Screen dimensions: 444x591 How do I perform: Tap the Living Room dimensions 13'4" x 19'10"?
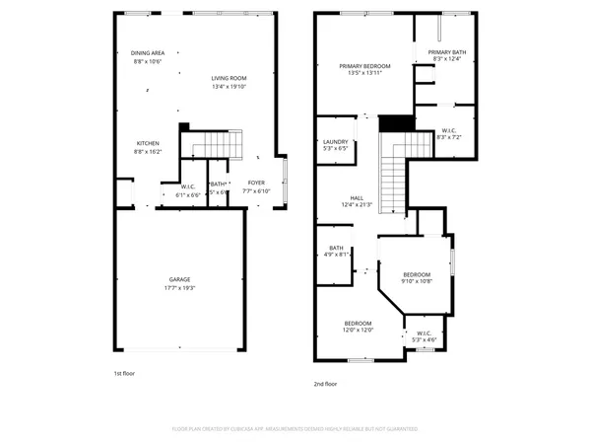[x=229, y=87]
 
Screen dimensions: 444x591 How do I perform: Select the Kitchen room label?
[x=147, y=143]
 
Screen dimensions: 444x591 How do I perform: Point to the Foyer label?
[x=255, y=182]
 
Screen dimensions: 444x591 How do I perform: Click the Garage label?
[x=179, y=279]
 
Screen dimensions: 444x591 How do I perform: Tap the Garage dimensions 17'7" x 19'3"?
[x=179, y=288]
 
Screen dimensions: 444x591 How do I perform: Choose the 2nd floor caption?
[x=325, y=383]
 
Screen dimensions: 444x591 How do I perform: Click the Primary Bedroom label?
[x=360, y=65]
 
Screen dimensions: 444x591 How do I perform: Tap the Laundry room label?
[x=336, y=141]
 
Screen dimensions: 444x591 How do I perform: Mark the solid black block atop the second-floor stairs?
[x=394, y=122]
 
